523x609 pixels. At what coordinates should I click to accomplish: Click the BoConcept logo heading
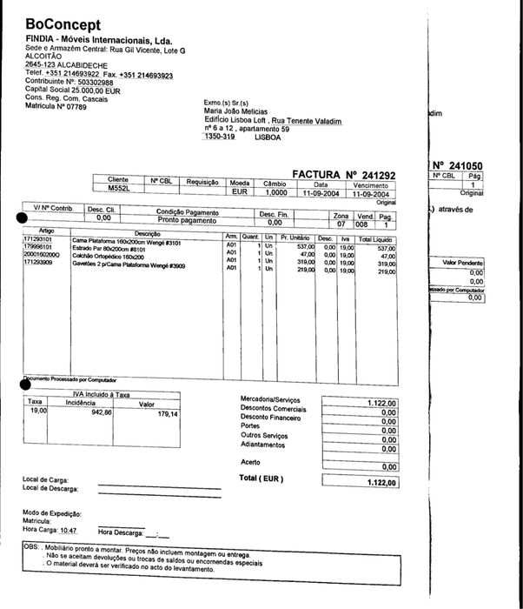click(63, 23)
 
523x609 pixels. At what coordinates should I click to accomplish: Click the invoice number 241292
click(375, 175)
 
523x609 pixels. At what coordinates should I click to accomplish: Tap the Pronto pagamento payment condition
click(188, 222)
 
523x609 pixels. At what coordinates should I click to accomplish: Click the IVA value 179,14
click(166, 413)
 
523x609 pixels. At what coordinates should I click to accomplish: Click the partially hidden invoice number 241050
click(465, 164)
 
